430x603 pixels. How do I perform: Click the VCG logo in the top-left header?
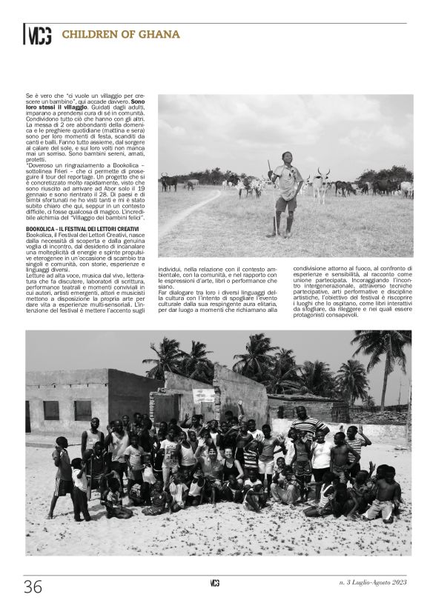pyautogui.click(x=39, y=35)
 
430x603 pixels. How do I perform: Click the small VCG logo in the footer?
pyautogui.click(x=215, y=583)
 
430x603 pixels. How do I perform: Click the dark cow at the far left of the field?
pyautogui.click(x=169, y=181)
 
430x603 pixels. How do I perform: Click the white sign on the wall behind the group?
pyautogui.click(x=203, y=396)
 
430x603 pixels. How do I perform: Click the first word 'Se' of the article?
pyautogui.click(x=29, y=96)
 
